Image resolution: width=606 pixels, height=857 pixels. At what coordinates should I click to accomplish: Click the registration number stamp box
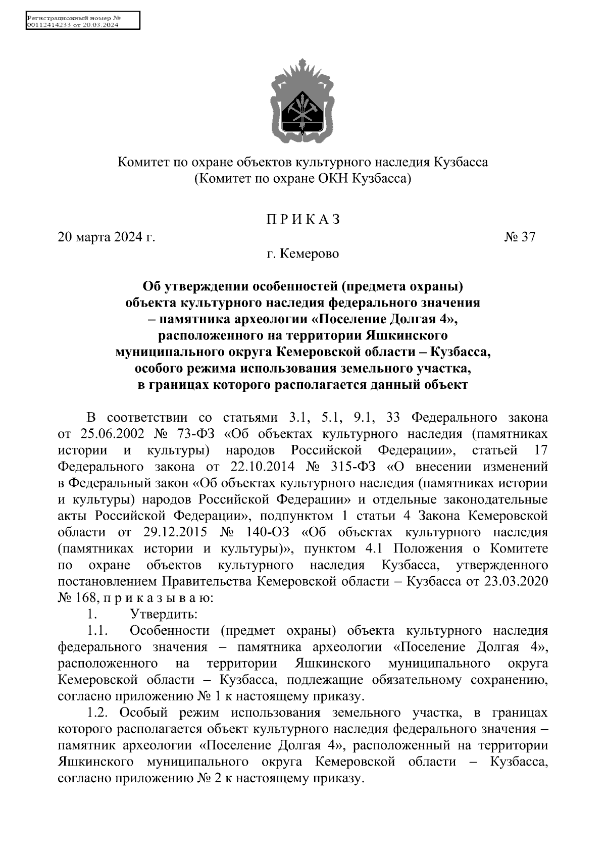pyautogui.click(x=82, y=22)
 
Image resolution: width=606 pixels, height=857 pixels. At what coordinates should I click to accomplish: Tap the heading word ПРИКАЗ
pyautogui.click(x=303, y=220)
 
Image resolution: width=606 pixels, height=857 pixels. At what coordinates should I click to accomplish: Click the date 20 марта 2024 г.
pyautogui.click(x=107, y=237)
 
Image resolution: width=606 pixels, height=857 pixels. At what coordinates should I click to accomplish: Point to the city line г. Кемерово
pyautogui.click(x=303, y=254)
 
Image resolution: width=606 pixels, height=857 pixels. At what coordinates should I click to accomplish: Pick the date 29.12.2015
pyautogui.click(x=166, y=532)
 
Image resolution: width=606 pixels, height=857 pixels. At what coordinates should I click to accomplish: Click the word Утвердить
pyautogui.click(x=164, y=615)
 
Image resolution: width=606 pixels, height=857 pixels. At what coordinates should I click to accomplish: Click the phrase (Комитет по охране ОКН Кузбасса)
pyautogui.click(x=303, y=179)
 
